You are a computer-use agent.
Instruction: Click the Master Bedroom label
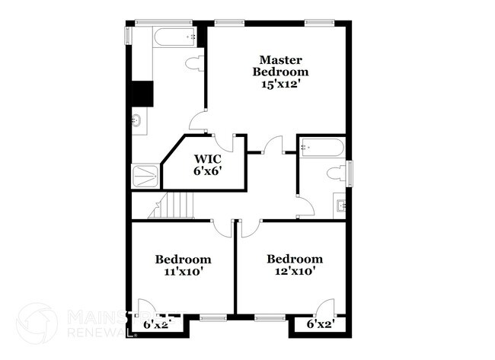tap(281, 65)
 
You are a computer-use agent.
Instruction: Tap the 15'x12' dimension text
tap(281, 84)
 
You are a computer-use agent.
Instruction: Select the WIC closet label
tap(206, 159)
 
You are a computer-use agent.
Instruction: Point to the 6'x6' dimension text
tap(206, 171)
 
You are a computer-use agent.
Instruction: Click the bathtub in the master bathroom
tap(176, 36)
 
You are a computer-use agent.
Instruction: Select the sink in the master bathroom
tap(137, 120)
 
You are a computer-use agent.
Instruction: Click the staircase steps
tap(176, 205)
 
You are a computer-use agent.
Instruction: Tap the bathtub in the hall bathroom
tap(321, 148)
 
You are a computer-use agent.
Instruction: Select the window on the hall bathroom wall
tap(350, 173)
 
